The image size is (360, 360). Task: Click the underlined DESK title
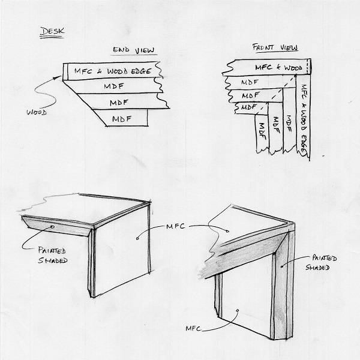pyautogui.click(x=52, y=31)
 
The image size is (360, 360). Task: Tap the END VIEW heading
pyautogui.click(x=133, y=50)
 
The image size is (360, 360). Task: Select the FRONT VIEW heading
pyautogui.click(x=275, y=47)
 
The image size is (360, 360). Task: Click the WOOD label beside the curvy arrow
pyautogui.click(x=37, y=112)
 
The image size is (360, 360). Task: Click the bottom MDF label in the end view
pyautogui.click(x=122, y=119)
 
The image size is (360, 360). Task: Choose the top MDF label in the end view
pyautogui.click(x=114, y=86)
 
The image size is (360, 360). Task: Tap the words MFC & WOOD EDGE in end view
pyautogui.click(x=113, y=71)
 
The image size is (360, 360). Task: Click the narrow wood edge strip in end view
pyautogui.click(x=65, y=72)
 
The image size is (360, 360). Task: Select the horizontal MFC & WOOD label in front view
pyautogui.click(x=279, y=67)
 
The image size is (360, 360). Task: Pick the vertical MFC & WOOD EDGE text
pyautogui.click(x=304, y=120)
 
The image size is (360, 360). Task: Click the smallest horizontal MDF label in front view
pyautogui.click(x=248, y=107)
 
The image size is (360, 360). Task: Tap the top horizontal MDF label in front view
pyautogui.click(x=250, y=82)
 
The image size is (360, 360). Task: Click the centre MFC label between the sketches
pyautogui.click(x=176, y=227)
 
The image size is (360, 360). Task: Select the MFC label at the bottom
pyautogui.click(x=193, y=329)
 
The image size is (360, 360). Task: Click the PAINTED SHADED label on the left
pyautogui.click(x=53, y=255)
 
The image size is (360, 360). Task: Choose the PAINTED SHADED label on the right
pyautogui.click(x=321, y=262)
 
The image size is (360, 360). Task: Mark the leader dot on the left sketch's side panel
pyautogui.click(x=137, y=239)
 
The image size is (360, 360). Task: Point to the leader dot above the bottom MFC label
pyautogui.click(x=238, y=310)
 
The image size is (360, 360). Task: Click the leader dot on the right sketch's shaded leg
pyautogui.click(x=282, y=267)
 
